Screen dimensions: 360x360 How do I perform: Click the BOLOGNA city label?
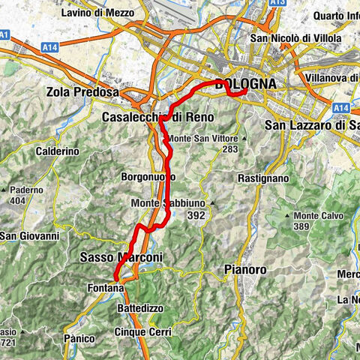pyautogui.click(x=246, y=84)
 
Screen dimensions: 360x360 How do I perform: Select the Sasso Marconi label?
pyautogui.click(x=121, y=257)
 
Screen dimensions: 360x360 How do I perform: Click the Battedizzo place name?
pyautogui.click(x=143, y=308)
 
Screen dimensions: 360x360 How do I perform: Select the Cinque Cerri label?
pyautogui.click(x=142, y=331)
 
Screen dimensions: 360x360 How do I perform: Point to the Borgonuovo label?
pyautogui.click(x=148, y=176)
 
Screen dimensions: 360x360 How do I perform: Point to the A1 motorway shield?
pyautogui.click(x=5, y=34)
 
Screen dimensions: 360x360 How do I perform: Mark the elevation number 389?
pyautogui.click(x=301, y=226)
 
